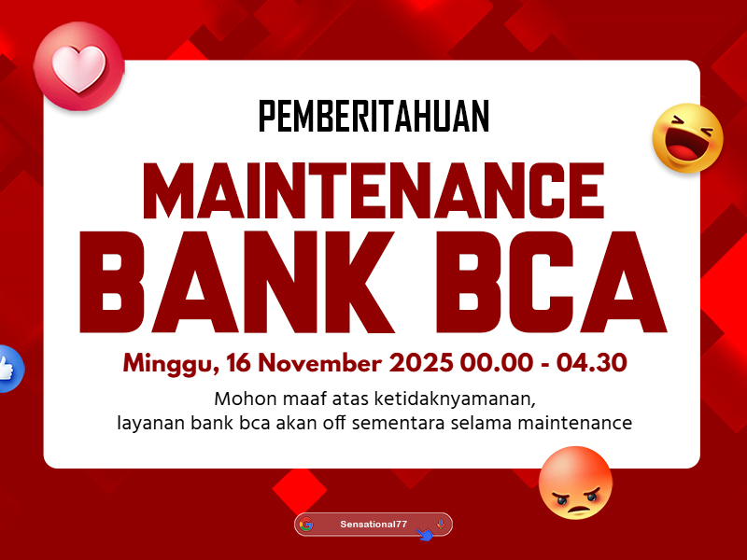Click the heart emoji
click(x=79, y=66)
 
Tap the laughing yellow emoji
click(x=687, y=138)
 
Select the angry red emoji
click(x=575, y=483)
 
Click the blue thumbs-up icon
click(x=8, y=369)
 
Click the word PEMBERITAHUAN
click(x=374, y=116)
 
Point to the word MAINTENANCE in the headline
click(x=374, y=190)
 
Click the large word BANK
click(x=237, y=282)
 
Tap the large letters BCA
click(x=551, y=282)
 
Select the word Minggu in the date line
click(x=171, y=364)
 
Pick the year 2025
click(x=421, y=363)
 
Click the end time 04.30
click(x=591, y=363)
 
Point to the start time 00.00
click(x=497, y=363)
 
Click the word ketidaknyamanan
click(x=455, y=399)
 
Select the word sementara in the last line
click(x=402, y=424)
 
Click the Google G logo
click(x=306, y=525)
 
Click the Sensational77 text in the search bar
click(x=373, y=525)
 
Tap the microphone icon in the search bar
click(x=441, y=524)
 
